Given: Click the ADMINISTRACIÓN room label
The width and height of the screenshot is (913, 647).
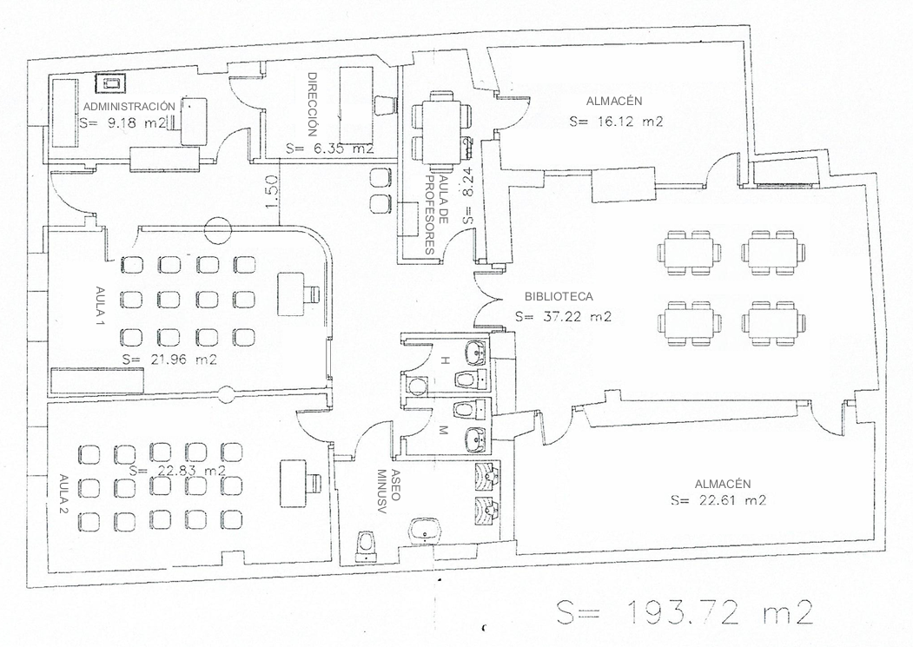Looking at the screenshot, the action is [x=129, y=107].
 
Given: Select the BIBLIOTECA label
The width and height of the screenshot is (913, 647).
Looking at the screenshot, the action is [x=559, y=296].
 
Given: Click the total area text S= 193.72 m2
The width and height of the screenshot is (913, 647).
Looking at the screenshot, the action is [x=685, y=612].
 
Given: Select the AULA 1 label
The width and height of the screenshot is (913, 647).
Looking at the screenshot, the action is [x=100, y=306].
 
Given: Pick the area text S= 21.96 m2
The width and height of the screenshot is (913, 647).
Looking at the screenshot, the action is [x=169, y=360].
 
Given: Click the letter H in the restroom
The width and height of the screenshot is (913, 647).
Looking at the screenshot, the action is [x=444, y=361].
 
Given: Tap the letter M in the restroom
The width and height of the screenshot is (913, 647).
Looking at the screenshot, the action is [x=443, y=432].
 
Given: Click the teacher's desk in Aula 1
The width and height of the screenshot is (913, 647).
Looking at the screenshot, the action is [x=292, y=294].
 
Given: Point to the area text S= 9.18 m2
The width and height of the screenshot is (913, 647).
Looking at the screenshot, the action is [x=123, y=122].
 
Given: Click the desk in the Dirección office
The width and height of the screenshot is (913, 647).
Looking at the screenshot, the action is [x=356, y=105].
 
